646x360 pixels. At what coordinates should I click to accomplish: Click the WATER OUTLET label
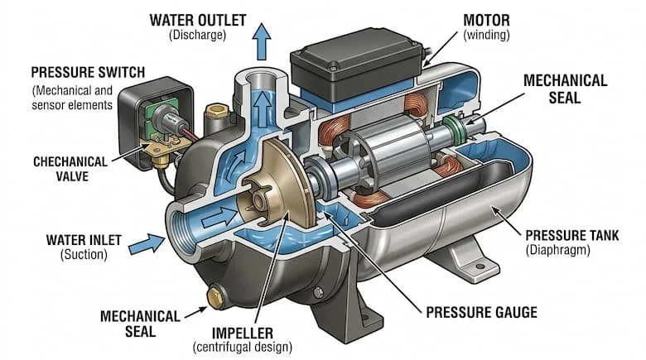[196, 17]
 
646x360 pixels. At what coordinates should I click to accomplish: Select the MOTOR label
[485, 18]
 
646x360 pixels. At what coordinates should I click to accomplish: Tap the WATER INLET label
[84, 240]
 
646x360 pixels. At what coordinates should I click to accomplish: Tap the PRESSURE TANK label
[565, 234]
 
